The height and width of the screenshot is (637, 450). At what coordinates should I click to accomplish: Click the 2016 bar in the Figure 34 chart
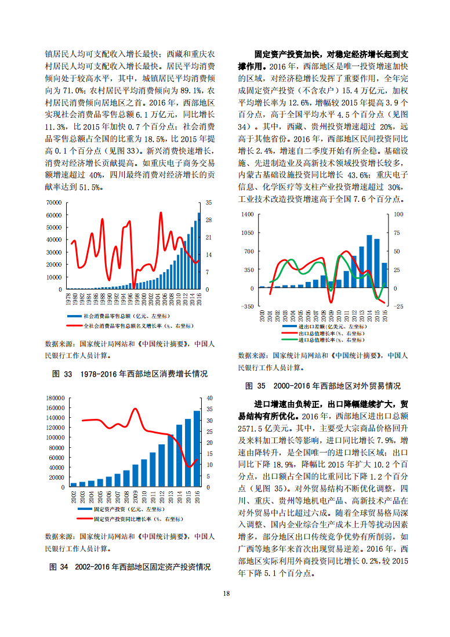click(197, 449)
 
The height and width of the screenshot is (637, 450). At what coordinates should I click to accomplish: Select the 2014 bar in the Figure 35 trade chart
click(369, 262)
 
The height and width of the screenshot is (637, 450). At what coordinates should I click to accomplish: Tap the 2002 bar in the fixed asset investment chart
click(74, 484)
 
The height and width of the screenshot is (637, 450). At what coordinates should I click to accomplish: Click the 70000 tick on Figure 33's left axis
click(54, 202)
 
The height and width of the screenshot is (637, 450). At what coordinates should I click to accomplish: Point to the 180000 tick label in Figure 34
click(55, 398)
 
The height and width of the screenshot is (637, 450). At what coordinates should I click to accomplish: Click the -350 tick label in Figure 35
click(248, 306)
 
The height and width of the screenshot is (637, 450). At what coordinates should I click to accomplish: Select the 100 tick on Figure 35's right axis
click(399, 215)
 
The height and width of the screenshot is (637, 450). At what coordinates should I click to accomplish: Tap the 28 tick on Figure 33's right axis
click(209, 220)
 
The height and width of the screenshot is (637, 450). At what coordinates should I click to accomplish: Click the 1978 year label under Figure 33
click(68, 299)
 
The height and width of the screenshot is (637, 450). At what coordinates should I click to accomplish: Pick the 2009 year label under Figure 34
click(136, 497)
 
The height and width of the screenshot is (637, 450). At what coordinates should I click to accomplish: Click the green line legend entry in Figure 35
click(323, 339)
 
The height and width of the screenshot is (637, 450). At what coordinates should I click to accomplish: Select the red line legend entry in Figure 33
click(130, 326)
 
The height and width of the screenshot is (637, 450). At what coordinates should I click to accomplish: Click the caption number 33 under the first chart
click(68, 374)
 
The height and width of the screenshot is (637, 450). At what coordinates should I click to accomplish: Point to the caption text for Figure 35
click(323, 386)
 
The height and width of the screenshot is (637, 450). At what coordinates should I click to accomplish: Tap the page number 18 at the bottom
click(226, 593)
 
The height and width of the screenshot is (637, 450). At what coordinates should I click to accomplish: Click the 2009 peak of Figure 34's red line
click(136, 408)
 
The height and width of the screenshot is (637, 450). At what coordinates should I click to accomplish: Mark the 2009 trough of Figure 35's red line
click(331, 302)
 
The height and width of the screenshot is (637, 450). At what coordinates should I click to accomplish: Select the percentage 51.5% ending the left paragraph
click(92, 187)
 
